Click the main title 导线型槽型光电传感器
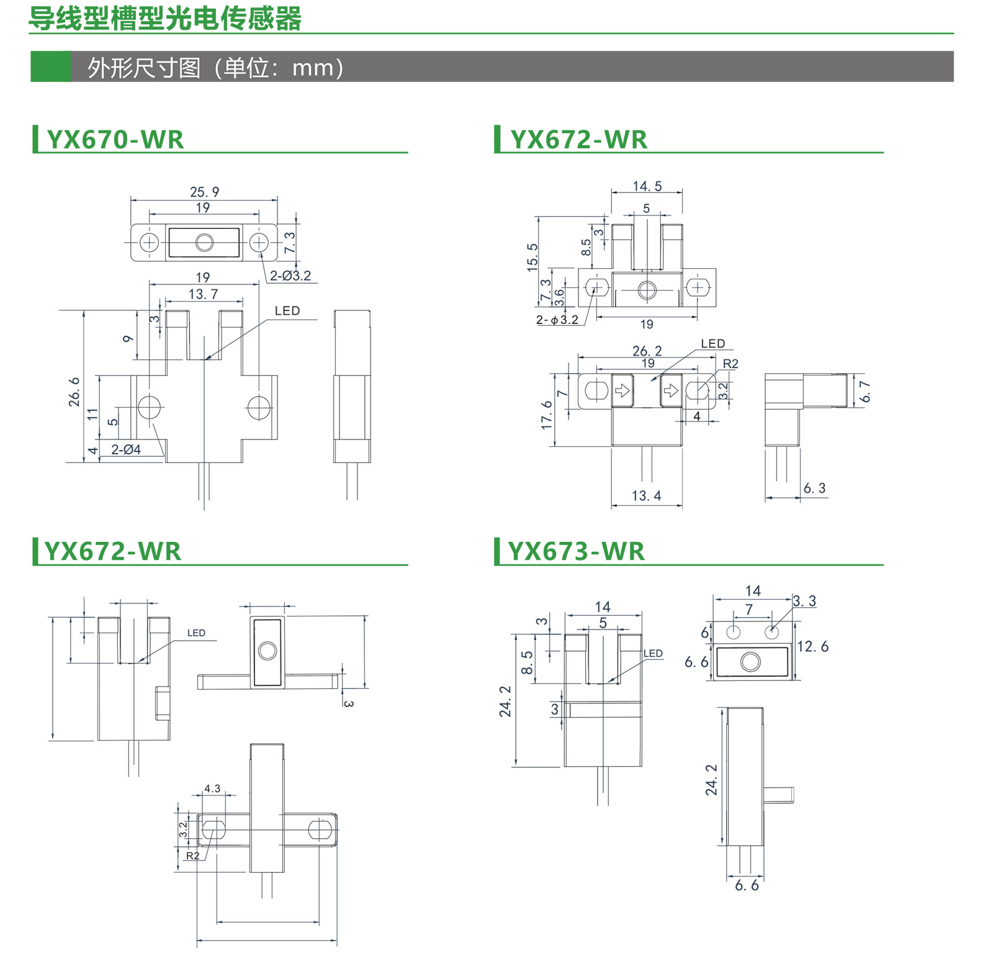(165, 18)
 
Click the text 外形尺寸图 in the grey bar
(144, 68)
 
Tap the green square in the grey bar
(50, 66)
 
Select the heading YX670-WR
(115, 140)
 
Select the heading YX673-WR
(577, 551)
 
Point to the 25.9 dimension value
(204, 192)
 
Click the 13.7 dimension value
(204, 294)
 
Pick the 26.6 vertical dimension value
(74, 392)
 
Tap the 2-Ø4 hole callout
(126, 449)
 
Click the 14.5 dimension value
(647, 186)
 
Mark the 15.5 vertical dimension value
(532, 257)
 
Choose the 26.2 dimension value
(647, 351)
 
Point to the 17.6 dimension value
(547, 415)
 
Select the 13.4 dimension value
(647, 496)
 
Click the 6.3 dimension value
(814, 489)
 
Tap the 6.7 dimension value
(866, 392)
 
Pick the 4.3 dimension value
(212, 788)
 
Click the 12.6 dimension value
(812, 647)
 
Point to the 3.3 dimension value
(804, 601)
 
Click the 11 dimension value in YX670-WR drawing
(93, 414)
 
